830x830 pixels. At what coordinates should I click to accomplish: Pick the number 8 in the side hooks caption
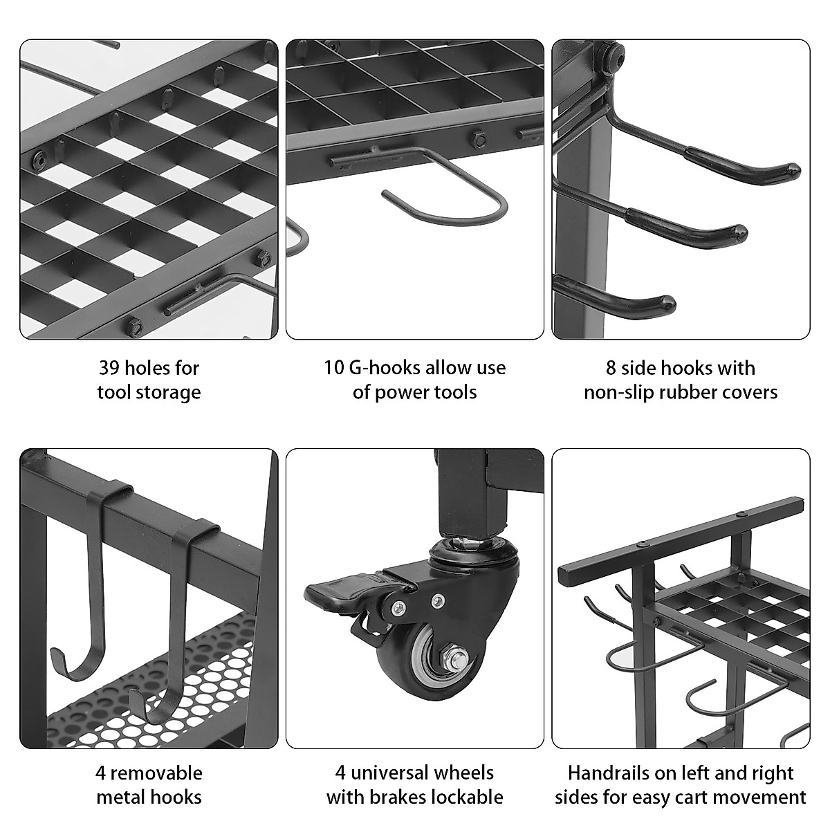611,367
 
